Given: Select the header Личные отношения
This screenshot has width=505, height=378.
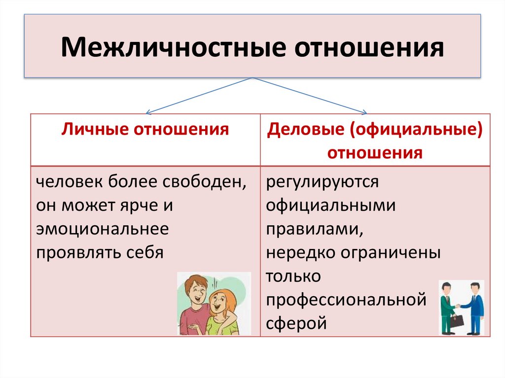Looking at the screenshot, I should [145, 130].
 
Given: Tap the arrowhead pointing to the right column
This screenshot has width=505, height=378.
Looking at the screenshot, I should [364, 111].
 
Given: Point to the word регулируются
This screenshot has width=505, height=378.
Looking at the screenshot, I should [323, 182].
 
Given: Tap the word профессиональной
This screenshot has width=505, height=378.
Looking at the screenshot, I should [346, 300].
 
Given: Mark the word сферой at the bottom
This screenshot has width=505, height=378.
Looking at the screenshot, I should [296, 324].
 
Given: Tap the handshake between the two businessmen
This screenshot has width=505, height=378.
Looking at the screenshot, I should [458, 306].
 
